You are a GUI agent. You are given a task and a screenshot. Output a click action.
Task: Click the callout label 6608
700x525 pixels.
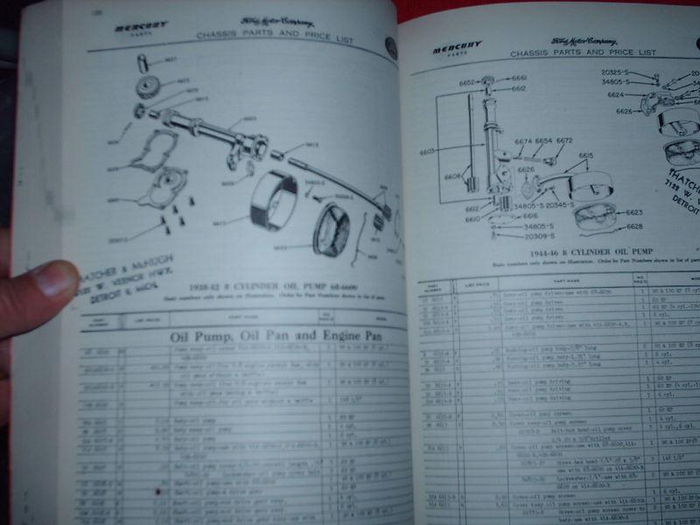(x=453, y=176)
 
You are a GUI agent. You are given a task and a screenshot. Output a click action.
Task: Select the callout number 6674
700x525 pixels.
(x=523, y=140)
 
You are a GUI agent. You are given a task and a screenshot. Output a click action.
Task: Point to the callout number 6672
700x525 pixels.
(x=564, y=140)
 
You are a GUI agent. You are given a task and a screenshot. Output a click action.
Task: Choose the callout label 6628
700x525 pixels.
(x=634, y=227)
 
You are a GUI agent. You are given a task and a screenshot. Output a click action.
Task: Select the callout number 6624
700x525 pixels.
(x=616, y=94)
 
